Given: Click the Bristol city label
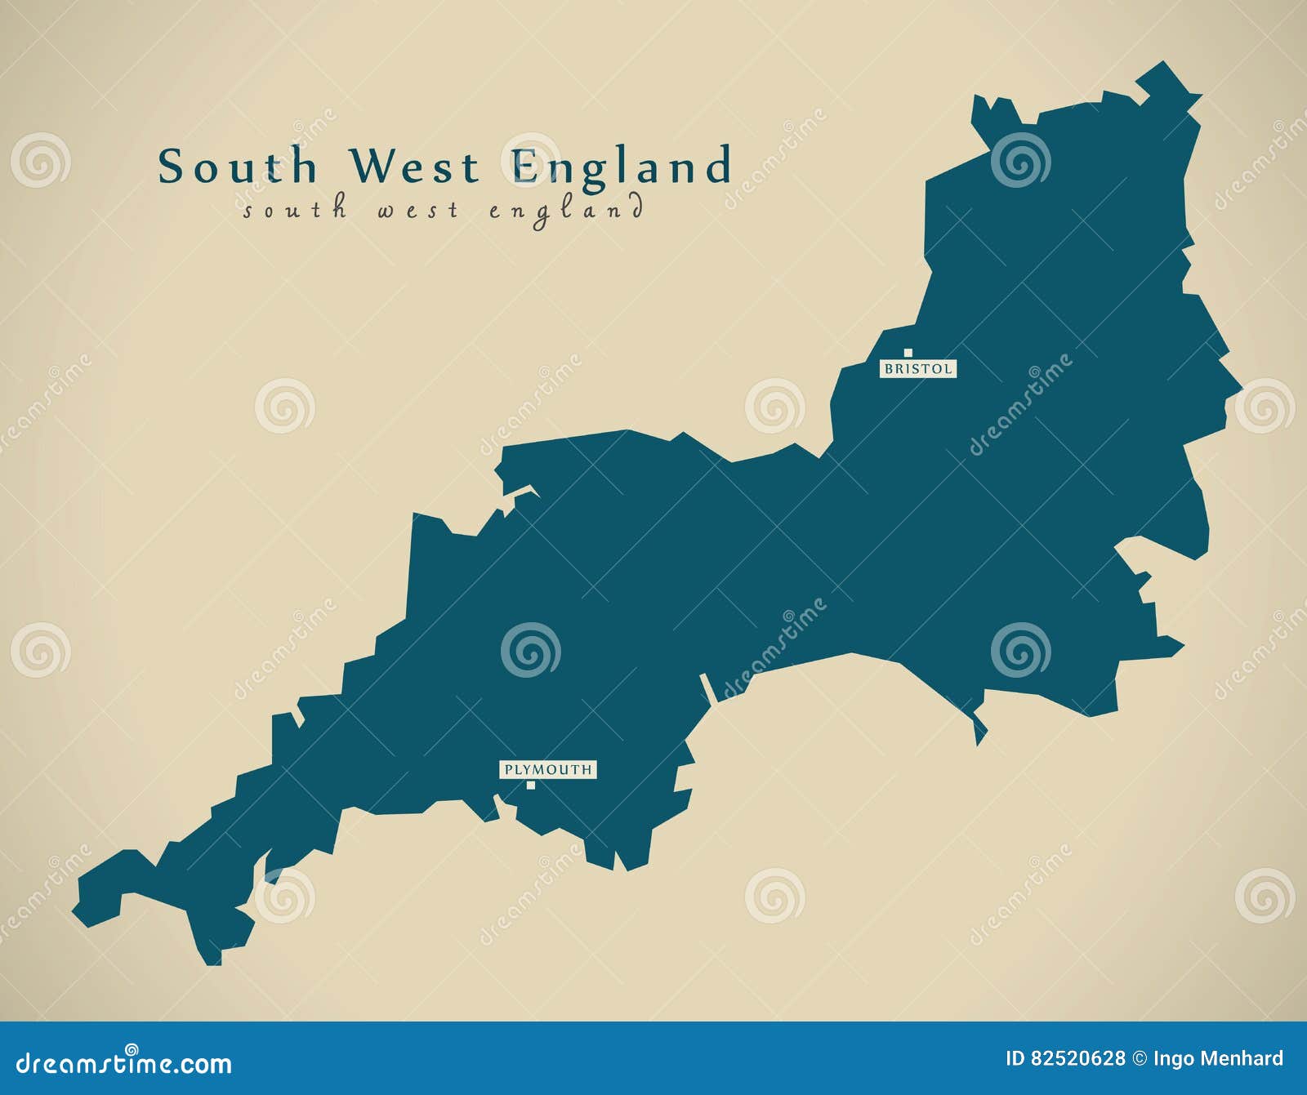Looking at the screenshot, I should (x=918, y=369).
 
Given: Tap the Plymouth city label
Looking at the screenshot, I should (x=547, y=769).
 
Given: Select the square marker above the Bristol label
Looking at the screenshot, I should (x=908, y=353).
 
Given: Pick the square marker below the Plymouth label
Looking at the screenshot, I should (x=531, y=786).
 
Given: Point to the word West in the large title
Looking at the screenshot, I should (x=414, y=167).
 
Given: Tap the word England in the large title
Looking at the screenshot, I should (x=622, y=167).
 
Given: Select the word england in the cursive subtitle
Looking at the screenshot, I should (x=566, y=211).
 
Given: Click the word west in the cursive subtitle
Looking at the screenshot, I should (x=417, y=211).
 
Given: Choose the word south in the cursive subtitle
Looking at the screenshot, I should (x=295, y=211).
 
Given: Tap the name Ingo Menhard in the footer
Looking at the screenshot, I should (x=1218, y=1059).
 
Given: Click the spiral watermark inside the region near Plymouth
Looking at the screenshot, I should (x=531, y=650).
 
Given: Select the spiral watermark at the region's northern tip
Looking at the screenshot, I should (x=1020, y=159).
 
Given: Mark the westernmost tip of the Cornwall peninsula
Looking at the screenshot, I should (x=75, y=907).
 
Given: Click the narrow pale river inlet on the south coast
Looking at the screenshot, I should (x=708, y=688).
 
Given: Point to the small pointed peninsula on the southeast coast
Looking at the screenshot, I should (x=979, y=730).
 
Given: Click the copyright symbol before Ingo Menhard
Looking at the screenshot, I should (x=1139, y=1059).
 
